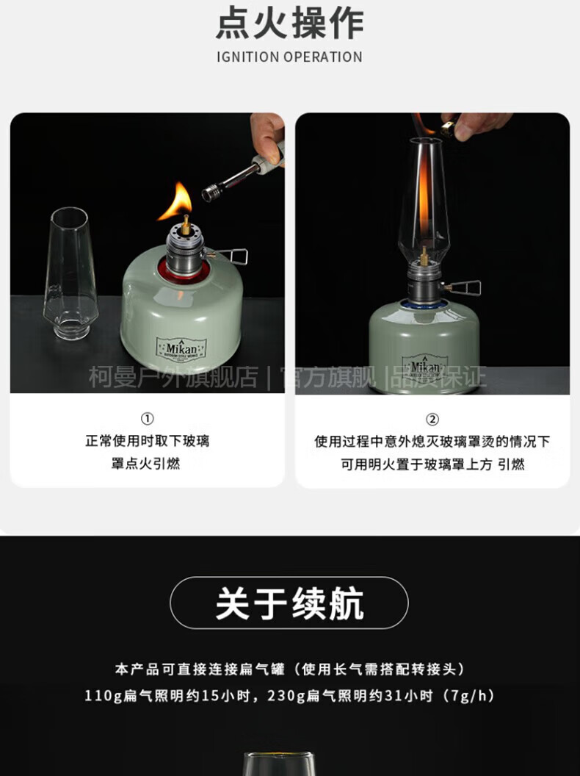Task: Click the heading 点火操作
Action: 290,24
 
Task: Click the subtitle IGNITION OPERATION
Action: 290,57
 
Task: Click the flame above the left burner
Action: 177,201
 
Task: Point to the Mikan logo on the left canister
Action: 181,349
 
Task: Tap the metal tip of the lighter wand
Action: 211,192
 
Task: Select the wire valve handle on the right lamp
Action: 464,287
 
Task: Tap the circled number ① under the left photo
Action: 147,419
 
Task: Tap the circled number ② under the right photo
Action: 432,420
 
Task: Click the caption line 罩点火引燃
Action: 146,464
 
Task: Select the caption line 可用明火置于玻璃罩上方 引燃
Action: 432,464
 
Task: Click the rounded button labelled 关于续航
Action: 289,603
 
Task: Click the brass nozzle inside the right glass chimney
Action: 424,256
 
